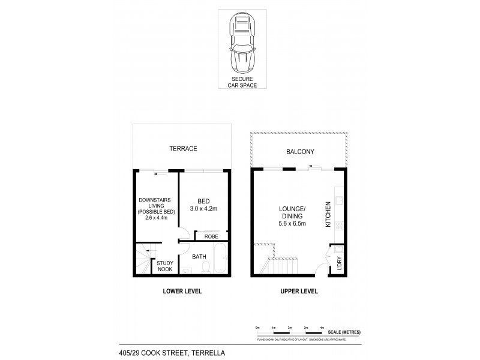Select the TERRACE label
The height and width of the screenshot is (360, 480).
tap(182, 148)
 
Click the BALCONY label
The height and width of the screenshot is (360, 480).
tap(300, 152)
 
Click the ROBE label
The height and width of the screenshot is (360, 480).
tap(211, 236)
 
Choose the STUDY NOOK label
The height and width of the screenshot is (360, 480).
tap(165, 266)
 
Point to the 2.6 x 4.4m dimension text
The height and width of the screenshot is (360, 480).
tap(155, 217)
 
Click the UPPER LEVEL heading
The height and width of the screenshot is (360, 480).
tap(298, 292)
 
